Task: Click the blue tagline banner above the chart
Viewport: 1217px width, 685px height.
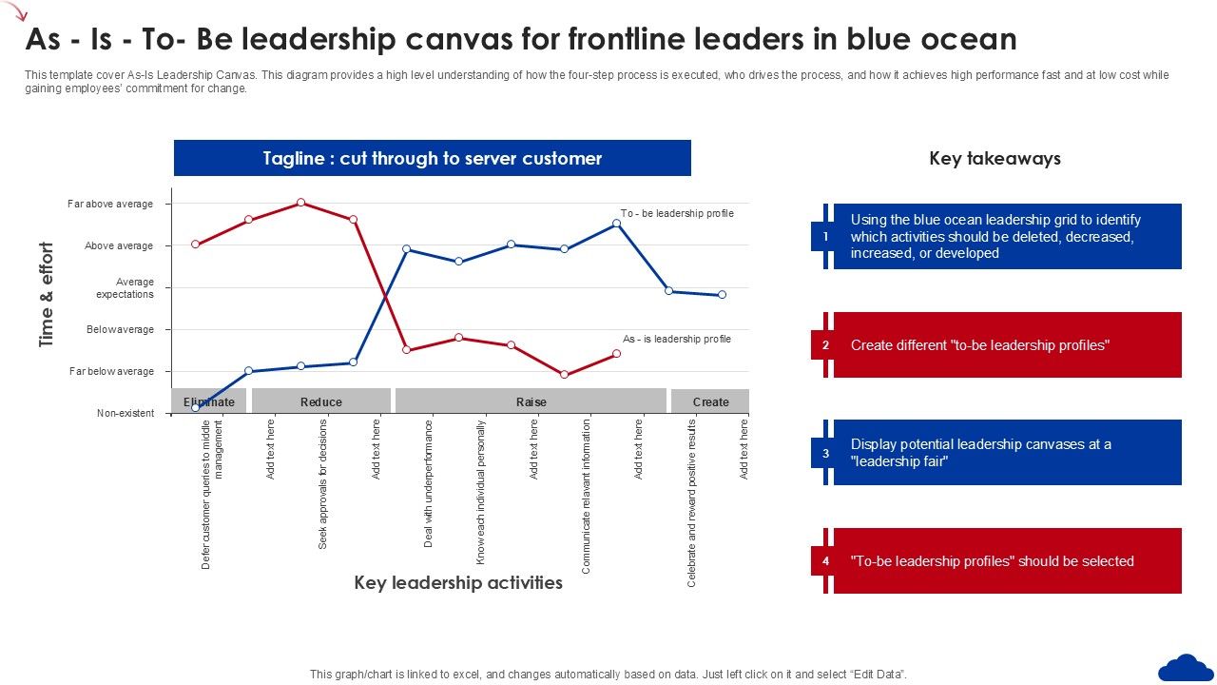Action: (433, 158)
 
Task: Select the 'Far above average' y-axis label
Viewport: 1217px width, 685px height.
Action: (110, 204)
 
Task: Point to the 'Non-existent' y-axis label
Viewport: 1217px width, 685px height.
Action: (126, 413)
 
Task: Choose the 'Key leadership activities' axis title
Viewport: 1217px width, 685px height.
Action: (458, 582)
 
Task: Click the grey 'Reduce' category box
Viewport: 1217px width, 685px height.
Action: (321, 401)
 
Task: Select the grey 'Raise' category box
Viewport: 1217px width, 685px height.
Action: (531, 401)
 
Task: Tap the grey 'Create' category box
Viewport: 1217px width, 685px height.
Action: (710, 401)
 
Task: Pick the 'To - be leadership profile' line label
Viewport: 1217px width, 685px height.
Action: (677, 213)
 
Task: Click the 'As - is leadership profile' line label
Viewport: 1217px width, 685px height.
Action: (677, 339)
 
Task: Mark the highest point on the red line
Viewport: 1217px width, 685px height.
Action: (300, 203)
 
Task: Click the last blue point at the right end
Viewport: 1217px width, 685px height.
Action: (722, 295)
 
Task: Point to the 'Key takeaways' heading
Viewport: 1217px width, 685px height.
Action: (995, 159)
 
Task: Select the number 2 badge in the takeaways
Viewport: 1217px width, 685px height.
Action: (825, 345)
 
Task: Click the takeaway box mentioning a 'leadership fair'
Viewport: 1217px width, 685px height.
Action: (1006, 453)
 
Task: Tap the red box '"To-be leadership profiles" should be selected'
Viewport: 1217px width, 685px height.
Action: (1006, 561)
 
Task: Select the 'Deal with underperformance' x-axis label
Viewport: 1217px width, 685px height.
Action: (429, 483)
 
